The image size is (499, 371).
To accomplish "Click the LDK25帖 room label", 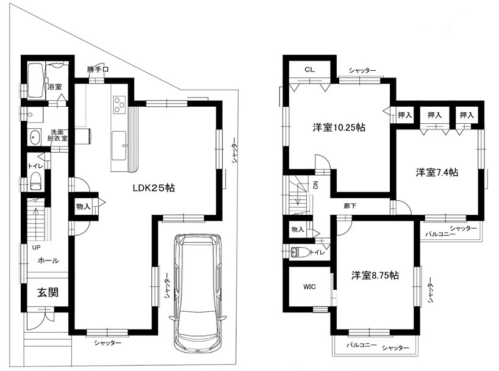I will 154,188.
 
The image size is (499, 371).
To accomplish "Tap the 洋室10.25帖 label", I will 339,128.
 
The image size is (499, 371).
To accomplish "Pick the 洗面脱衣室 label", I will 58,135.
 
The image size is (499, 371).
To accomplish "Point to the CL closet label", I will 309,70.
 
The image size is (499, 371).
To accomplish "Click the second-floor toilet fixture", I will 297,252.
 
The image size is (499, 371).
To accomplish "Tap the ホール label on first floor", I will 48,261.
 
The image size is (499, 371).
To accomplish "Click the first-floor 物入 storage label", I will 83,206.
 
